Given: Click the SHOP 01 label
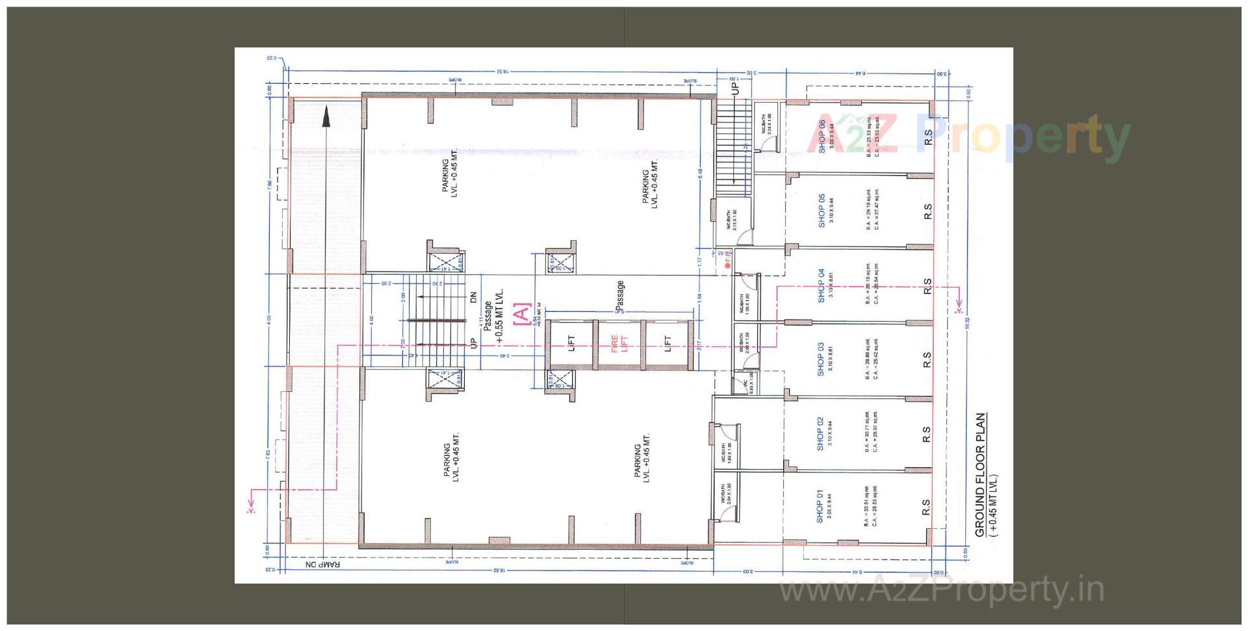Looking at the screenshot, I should (x=820, y=506).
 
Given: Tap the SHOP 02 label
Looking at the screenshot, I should (x=820, y=433).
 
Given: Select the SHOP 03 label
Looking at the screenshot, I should (x=820, y=359).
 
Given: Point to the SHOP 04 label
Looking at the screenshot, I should (x=821, y=285).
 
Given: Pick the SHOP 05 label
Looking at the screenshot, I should (x=822, y=210).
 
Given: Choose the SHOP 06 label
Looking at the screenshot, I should (x=822, y=136).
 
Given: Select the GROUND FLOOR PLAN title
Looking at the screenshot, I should (x=980, y=475).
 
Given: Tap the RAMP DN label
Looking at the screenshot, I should (x=323, y=564).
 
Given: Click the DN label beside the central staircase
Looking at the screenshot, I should (x=473, y=297).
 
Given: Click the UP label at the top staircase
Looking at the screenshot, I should (x=735, y=87).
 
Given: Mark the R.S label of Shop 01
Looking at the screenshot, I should (x=926, y=507).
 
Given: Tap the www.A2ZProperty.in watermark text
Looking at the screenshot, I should (x=941, y=590).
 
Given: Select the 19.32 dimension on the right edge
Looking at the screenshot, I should (x=967, y=323).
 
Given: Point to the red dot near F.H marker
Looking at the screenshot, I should (x=727, y=266).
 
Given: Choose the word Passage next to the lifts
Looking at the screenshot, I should (x=620, y=294).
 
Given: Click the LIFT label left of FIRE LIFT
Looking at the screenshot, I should (x=571, y=344).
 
